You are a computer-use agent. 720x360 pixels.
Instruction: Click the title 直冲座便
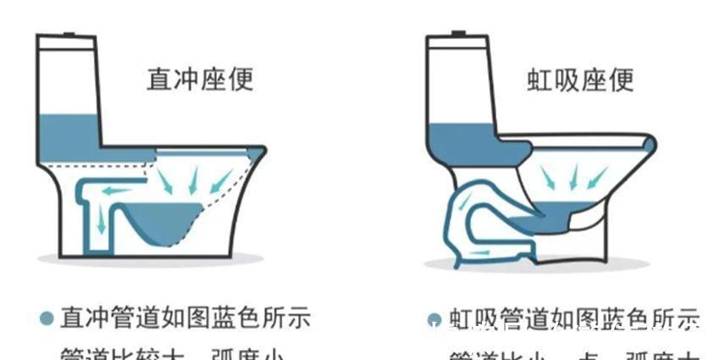pyautogui.click(x=200, y=80)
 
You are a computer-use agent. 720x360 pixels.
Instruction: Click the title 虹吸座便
pyautogui.click(x=580, y=80)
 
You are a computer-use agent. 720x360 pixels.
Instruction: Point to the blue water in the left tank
pyautogui.click(x=69, y=136)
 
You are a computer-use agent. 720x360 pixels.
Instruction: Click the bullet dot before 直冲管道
pyautogui.click(x=47, y=318)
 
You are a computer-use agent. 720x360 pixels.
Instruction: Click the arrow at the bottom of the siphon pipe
pyautogui.click(x=479, y=253)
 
